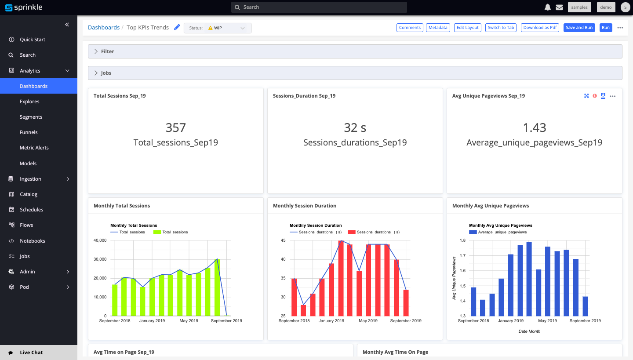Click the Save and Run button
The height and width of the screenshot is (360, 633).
pos(579,28)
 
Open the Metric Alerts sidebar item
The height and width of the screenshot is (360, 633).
pos(34,148)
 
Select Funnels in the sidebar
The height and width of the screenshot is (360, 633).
pos(29,132)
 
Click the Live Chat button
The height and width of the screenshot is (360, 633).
pos(31,353)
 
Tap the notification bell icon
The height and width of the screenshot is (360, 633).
pos(548,7)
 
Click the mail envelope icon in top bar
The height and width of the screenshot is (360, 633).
pos(559,7)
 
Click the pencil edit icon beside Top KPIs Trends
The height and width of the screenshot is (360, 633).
pos(177,27)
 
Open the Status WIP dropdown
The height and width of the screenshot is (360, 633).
pos(218,28)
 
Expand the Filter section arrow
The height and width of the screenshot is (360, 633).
pos(96,51)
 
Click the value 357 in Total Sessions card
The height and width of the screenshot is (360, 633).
pos(175,127)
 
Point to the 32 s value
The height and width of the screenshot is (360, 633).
pos(355,127)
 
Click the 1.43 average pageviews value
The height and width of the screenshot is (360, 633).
pos(534,127)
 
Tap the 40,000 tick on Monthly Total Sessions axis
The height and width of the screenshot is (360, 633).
pos(100,240)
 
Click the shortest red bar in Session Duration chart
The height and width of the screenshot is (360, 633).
pos(303,310)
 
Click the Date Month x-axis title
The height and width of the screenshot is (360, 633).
pos(529,331)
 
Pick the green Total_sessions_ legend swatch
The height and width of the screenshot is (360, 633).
pos(157,232)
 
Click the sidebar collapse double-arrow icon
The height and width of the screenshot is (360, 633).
pos(67,25)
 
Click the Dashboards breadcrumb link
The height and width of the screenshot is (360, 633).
pos(104,27)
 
